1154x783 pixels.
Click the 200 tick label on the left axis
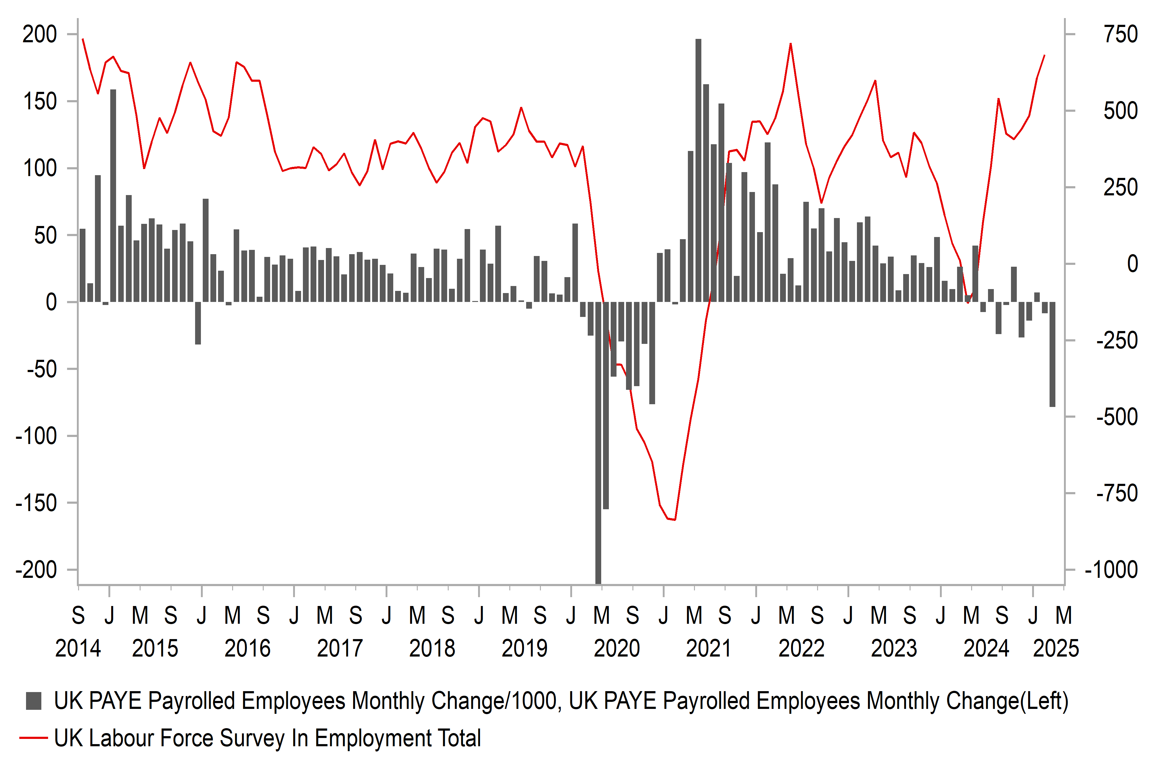click(40, 35)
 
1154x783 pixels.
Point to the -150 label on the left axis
click(36, 503)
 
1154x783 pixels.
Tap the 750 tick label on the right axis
click(1120, 35)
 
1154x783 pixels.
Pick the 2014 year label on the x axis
click(78, 649)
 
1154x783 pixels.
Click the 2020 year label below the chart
click(617, 649)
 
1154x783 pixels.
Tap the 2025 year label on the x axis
click(1056, 649)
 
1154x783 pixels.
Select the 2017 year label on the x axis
click(340, 649)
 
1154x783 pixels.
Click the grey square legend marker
click(33, 701)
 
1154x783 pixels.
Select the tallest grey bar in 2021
click(698, 169)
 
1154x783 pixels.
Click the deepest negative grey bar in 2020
click(598, 442)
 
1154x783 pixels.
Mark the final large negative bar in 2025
click(1052, 355)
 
